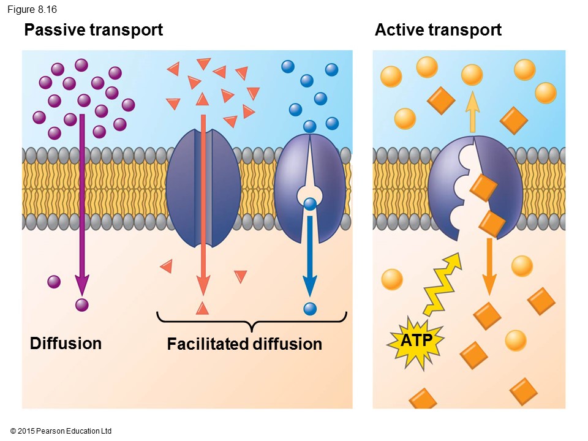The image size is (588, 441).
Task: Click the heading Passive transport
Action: click(93, 29)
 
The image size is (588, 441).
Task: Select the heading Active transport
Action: click(438, 29)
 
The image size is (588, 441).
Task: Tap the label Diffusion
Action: click(66, 343)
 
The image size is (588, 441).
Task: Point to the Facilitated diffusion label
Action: click(244, 344)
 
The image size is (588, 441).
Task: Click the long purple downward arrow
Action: click(81, 202)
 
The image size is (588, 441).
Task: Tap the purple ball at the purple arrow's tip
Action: click(81, 304)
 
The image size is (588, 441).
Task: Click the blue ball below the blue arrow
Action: click(311, 309)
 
